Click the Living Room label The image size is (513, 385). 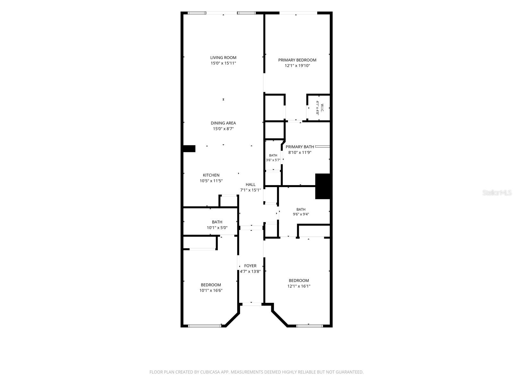[223, 57]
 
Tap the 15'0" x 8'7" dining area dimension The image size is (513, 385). [223, 129]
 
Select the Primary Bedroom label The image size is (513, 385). [297, 60]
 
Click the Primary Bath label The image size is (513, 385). [299, 147]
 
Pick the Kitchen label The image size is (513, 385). [211, 175]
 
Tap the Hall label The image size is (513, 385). [250, 184]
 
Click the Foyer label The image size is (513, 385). [250, 266]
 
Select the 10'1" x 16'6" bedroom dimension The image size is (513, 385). [211, 290]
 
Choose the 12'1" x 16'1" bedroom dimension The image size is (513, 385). [299, 286]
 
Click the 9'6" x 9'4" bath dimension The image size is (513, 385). [301, 214]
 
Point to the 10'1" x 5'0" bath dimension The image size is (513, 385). [217, 227]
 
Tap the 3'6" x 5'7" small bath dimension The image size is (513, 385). [273, 160]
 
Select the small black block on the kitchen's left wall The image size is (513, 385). [189, 149]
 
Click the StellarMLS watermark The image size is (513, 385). [497, 193]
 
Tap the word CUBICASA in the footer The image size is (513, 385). [210, 372]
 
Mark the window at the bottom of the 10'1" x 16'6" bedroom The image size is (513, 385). [205, 326]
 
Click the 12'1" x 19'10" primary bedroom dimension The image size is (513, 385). [297, 66]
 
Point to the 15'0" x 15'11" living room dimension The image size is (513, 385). [223, 63]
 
